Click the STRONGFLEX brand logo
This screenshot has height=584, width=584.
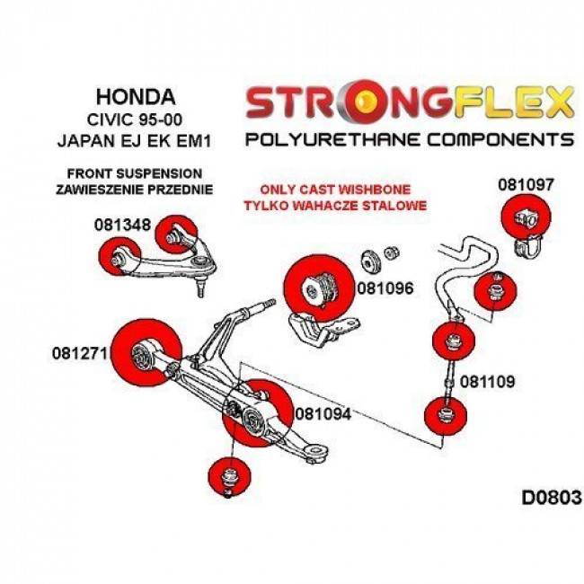coord(409,102)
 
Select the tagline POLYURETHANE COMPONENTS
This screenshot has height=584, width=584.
coord(409,139)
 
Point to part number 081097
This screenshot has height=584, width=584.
coord(526,185)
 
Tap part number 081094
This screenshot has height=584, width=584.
coord(322,415)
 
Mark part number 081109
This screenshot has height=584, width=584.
coord(487,381)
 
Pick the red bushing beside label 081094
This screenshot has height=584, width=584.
coord(257,412)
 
